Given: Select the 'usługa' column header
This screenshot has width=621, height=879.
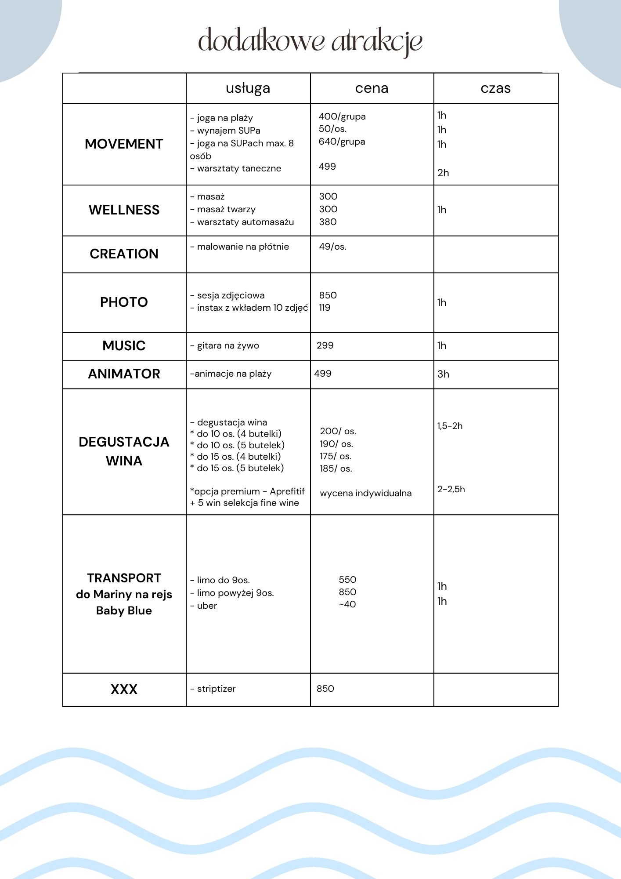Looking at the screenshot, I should [248, 88].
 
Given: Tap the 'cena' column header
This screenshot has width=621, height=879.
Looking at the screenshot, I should [372, 88].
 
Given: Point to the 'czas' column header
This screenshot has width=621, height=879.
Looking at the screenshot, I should [495, 88].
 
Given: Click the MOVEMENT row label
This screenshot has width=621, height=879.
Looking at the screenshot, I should [124, 144].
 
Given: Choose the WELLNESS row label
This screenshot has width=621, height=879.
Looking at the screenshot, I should [124, 210].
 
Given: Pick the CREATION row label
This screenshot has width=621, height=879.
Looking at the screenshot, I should [124, 254].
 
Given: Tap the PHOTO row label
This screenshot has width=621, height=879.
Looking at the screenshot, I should [124, 302].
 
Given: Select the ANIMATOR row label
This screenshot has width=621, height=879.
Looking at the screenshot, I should [124, 374].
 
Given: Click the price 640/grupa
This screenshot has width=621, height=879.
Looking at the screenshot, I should [342, 142].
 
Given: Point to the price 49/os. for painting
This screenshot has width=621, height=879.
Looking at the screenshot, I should [332, 247].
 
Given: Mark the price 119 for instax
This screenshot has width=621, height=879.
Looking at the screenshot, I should [325, 308].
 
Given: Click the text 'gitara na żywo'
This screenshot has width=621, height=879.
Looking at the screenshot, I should [227, 345].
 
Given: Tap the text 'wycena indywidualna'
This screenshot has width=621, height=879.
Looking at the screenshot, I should [365, 493].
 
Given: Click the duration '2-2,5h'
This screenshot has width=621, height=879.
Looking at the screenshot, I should [451, 489].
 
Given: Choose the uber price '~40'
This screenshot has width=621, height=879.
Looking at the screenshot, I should [347, 604].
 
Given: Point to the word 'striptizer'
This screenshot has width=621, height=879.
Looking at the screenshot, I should [216, 689].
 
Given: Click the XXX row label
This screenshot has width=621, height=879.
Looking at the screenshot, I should [124, 689].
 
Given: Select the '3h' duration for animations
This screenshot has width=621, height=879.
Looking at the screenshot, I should [443, 374].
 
